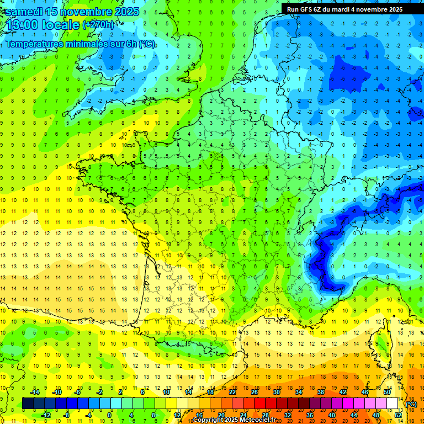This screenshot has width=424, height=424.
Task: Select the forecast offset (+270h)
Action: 99,25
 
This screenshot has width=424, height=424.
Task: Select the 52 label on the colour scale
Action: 398,415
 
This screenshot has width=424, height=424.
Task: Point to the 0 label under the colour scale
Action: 109,415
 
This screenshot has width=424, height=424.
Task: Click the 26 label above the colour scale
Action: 255,391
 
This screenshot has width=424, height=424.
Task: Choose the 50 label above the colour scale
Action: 386,391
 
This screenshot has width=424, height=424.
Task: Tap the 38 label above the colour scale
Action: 320,391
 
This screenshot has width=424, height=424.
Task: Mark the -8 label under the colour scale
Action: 66,415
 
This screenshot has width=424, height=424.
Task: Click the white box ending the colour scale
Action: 393,404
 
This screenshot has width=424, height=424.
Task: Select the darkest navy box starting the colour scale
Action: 28,404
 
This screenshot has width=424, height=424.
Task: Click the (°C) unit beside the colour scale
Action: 411,404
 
